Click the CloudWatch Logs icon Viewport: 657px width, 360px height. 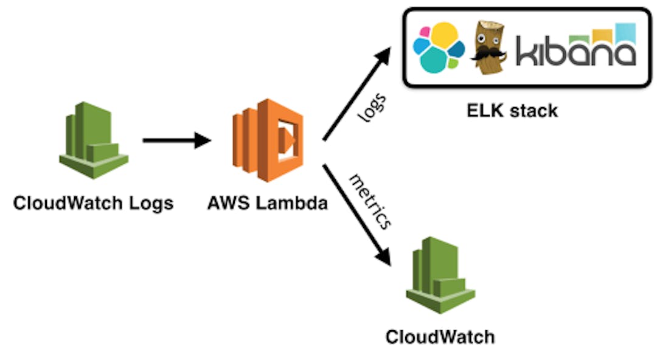click(94, 140)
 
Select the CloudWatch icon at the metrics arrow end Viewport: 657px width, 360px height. click(440, 275)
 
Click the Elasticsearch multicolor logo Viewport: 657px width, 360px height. click(439, 48)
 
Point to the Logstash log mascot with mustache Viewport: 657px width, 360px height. click(488, 48)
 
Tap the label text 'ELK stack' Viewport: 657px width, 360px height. click(512, 111)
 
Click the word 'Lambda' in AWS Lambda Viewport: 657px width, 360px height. click(291, 203)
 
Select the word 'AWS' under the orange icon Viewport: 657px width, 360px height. click(229, 203)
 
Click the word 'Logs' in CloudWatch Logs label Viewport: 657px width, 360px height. click(151, 204)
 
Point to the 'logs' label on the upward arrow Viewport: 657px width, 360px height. click(372, 108)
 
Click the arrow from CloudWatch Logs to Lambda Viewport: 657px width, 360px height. click(177, 140)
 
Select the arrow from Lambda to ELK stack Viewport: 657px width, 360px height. click(356, 94)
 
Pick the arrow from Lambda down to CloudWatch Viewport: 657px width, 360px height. click(356, 215)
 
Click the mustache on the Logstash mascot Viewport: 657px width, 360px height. click(488, 54)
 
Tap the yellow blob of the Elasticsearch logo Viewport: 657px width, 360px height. click(443, 36)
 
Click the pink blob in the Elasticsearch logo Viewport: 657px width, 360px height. click(425, 32)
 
